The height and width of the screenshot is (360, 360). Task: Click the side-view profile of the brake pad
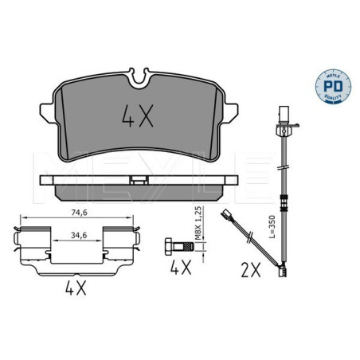tap(140, 186)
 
